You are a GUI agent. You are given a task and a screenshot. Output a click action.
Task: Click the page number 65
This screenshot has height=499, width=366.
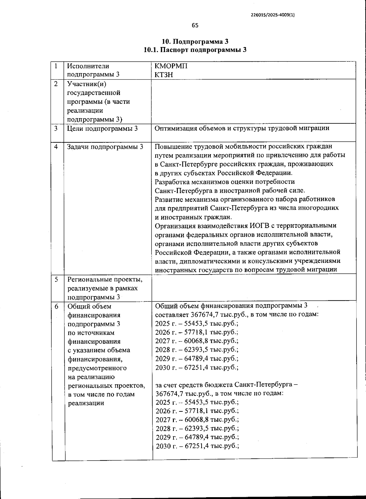tap(195, 25)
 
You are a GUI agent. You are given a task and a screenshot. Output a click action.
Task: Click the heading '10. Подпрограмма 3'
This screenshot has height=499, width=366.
tap(195, 42)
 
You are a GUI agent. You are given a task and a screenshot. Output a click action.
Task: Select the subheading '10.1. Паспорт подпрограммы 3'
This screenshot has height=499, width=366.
tap(195, 50)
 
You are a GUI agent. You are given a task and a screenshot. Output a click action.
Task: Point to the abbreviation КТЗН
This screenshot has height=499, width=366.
tap(164, 75)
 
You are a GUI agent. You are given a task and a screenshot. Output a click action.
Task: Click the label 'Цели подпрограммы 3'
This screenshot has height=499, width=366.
tap(102, 129)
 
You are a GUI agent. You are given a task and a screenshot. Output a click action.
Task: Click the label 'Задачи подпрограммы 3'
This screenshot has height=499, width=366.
tap(105, 147)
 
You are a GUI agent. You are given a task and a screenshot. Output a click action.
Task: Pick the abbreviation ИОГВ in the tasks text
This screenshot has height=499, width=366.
tap(259, 226)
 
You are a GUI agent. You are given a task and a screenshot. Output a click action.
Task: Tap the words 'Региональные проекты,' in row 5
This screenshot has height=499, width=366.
tap(105, 279)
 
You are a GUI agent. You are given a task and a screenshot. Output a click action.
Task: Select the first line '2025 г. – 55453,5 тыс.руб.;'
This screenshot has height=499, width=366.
tap(197, 324)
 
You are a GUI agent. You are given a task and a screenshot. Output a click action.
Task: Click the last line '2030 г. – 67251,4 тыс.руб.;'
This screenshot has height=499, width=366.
tap(197, 446)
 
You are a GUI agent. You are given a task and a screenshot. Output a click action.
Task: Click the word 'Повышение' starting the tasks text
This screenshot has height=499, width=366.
tap(172, 146)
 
